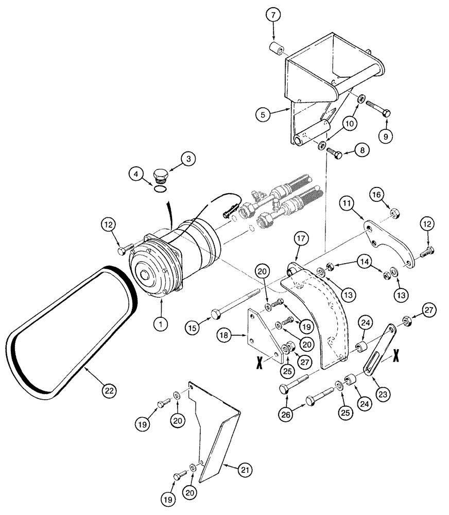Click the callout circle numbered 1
click(161, 324)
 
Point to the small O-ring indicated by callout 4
click(160, 190)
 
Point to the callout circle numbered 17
click(301, 239)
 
